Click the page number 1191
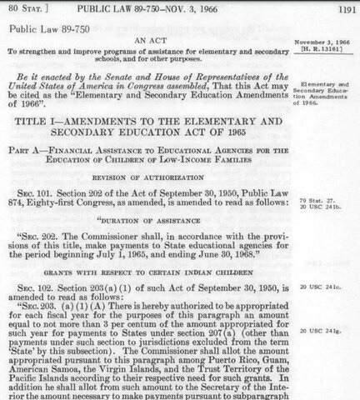pos(342,8)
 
